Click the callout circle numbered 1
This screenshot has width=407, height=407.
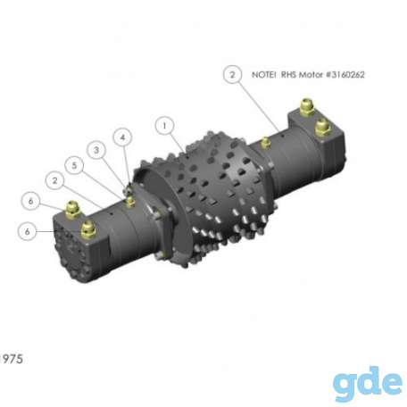164,126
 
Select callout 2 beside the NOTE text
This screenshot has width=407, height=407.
232,74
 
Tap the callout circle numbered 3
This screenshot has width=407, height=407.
96,150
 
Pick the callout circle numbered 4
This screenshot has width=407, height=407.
122,137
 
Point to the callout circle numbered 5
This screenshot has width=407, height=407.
74,165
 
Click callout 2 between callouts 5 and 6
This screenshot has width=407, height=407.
54,181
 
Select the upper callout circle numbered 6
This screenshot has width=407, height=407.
31,201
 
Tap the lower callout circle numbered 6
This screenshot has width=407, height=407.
28,231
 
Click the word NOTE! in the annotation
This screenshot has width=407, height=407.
264,75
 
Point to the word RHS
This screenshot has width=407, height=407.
288,75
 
